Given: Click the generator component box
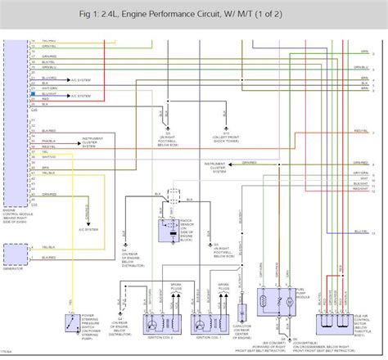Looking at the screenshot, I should click(x=14, y=254).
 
